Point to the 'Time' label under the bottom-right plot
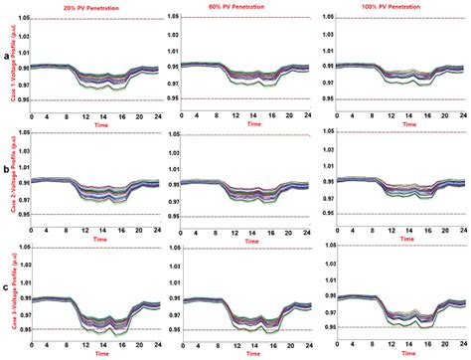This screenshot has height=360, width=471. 396,354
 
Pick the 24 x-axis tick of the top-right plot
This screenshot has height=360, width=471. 458,115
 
